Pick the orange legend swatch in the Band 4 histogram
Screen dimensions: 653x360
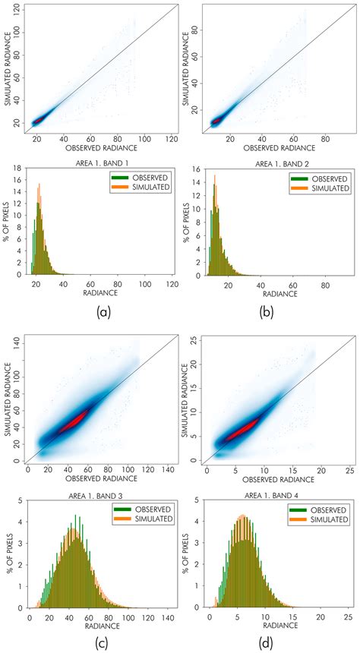click(x=300, y=519)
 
